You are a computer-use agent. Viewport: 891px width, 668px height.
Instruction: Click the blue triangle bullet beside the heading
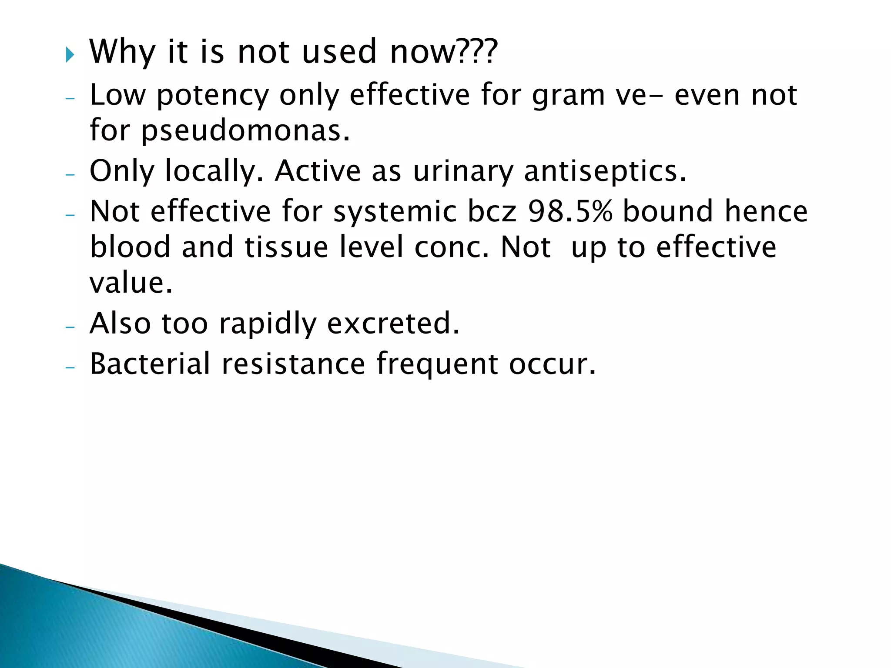70,55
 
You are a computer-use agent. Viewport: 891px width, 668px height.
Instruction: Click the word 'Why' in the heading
122,52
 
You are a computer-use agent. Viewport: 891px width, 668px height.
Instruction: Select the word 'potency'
213,96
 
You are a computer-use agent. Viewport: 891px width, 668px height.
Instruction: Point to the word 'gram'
568,96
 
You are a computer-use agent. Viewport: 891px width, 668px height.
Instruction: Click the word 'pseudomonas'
245,131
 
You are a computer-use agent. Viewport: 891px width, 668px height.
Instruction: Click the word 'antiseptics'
605,171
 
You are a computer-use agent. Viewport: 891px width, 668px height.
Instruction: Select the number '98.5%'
570,211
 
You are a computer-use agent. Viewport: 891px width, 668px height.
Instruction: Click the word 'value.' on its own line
131,283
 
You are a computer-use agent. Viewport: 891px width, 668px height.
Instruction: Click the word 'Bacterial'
150,364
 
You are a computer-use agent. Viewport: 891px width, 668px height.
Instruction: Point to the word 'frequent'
437,364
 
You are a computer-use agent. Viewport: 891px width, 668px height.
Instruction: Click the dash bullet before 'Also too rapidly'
70,327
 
